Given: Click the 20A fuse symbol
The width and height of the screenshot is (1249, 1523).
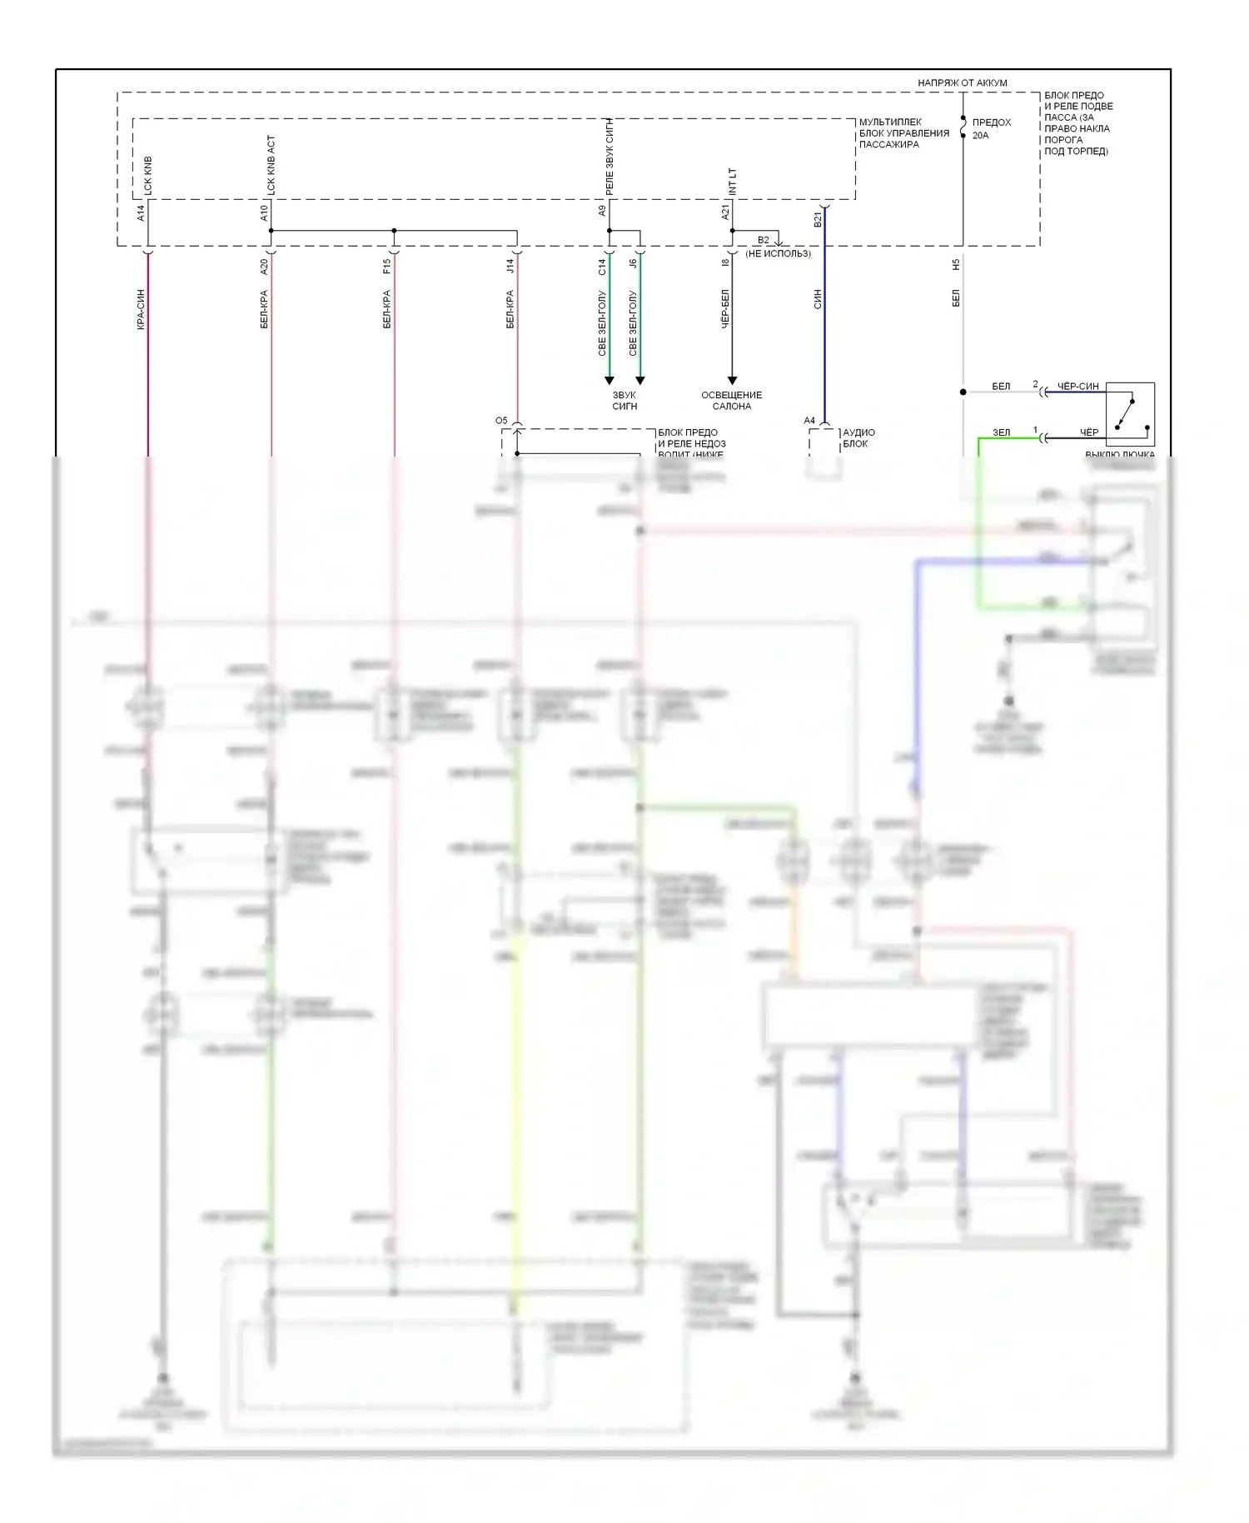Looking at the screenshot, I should click(x=963, y=127).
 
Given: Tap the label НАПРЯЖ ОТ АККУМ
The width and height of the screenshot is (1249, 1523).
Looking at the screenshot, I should click(x=962, y=82).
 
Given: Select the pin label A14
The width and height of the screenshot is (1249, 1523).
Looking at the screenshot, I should click(x=141, y=213).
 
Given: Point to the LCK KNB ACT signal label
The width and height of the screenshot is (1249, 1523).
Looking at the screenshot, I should click(x=271, y=165).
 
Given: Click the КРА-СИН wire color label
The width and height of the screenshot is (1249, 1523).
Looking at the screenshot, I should click(x=141, y=309).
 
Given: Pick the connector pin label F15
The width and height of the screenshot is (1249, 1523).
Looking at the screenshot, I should click(x=387, y=267).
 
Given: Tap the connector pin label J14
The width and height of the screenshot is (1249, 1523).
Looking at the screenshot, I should click(x=510, y=267).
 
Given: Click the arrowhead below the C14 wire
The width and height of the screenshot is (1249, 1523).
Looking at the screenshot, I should click(x=609, y=381).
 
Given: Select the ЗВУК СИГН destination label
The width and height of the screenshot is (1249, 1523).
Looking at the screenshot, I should click(x=624, y=401).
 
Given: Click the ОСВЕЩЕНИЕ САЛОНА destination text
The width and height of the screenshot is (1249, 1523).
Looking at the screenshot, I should click(x=731, y=401).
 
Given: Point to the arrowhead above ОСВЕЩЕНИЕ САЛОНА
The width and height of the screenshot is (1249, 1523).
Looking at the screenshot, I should click(x=732, y=381).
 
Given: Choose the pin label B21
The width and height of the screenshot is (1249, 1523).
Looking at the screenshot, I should click(x=818, y=219).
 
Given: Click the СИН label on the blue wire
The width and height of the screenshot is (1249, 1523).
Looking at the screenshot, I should click(x=818, y=299).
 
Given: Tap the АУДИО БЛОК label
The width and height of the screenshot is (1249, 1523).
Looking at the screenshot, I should click(x=858, y=438).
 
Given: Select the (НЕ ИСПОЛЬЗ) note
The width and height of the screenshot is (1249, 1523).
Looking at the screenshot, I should click(x=778, y=253).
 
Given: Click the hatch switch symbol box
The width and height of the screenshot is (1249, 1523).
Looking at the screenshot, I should click(x=1130, y=414).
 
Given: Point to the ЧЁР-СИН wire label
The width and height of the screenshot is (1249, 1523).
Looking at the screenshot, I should click(x=1077, y=386).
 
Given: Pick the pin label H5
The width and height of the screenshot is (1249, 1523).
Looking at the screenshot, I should click(x=956, y=264).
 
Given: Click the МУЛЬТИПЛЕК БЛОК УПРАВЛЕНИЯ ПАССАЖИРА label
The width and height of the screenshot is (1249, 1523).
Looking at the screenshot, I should click(x=903, y=133).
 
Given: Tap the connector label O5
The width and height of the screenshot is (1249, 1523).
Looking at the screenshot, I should click(x=501, y=421).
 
